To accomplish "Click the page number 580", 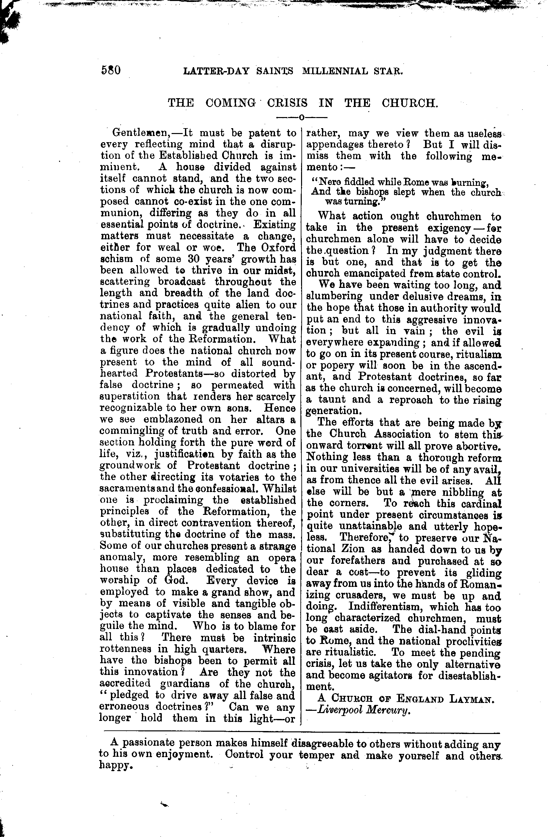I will coord(111,70).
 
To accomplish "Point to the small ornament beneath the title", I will coord(301,117).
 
